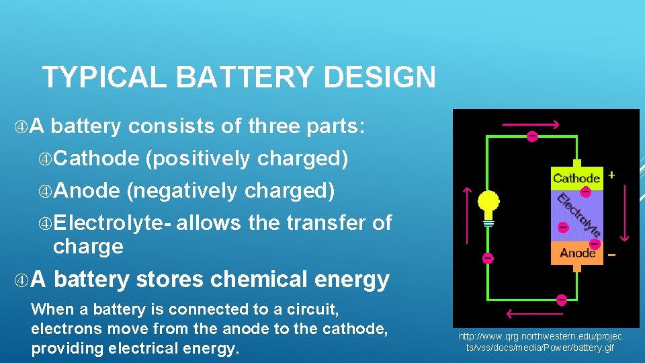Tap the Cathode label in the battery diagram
(x=576, y=178)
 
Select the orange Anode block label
(x=577, y=253)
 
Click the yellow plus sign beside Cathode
(x=611, y=175)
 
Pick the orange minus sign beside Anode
(x=611, y=255)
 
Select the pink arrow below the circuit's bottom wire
(x=525, y=313)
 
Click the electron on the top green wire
(x=531, y=136)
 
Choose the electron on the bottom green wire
(x=562, y=300)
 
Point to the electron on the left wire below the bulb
(x=488, y=258)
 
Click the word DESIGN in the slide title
(x=380, y=77)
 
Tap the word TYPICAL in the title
(x=103, y=77)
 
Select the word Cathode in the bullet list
(x=95, y=159)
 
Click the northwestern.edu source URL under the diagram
(x=540, y=341)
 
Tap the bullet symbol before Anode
(x=45, y=192)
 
